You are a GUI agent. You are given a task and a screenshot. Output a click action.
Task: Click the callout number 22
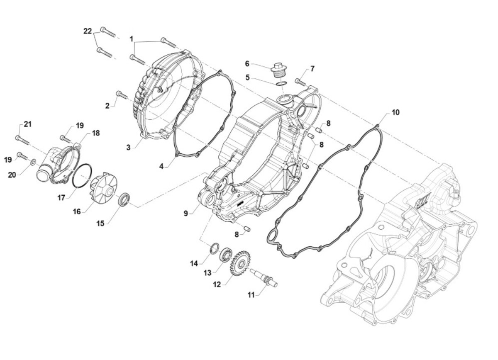(x=87, y=32)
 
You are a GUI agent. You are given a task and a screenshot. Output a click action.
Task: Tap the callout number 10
(x=395, y=112)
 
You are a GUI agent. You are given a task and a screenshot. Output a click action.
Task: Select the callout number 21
(x=27, y=124)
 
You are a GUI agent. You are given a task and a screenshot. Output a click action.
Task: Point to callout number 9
(x=186, y=213)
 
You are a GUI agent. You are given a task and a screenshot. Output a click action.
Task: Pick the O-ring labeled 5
(x=281, y=84)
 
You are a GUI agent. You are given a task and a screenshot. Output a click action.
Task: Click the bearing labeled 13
(x=226, y=253)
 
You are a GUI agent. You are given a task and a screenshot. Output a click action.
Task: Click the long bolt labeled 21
(x=23, y=140)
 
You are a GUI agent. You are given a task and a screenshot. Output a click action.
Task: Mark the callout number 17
(x=61, y=198)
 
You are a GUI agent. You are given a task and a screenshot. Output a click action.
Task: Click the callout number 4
(x=161, y=166)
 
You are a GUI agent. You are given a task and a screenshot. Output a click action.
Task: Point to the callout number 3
(x=129, y=147)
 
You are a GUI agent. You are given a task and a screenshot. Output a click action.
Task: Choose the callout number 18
(x=96, y=133)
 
